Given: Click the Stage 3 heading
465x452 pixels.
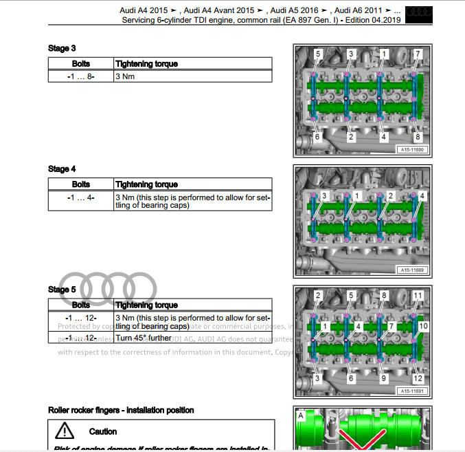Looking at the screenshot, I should pyautogui.click(x=62, y=48).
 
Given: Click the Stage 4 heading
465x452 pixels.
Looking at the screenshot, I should pyautogui.click(x=62, y=169).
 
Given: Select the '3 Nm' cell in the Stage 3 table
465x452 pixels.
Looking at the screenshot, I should pyautogui.click(x=125, y=76).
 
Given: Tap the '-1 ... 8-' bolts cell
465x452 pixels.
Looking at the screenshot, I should pyautogui.click(x=81, y=76).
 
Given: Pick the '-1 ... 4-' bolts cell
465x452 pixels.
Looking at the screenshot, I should pyautogui.click(x=81, y=197).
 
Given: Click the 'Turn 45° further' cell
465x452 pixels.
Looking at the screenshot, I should pyautogui.click(x=144, y=338).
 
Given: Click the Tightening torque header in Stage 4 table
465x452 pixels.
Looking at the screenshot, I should pyautogui.click(x=146, y=184).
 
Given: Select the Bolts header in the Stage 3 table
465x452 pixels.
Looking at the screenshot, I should pyautogui.click(x=81, y=64).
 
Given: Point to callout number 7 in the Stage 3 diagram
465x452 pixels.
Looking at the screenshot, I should pyautogui.click(x=417, y=54).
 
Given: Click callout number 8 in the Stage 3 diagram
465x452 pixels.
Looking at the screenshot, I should pyautogui.click(x=417, y=137).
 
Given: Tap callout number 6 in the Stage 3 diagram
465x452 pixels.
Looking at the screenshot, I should pyautogui.click(x=317, y=137).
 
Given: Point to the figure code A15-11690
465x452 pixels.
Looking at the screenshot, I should pyautogui.click(x=411, y=150).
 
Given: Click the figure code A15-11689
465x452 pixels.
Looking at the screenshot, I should pyautogui.click(x=411, y=270).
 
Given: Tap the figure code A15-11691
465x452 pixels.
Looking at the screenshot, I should pyautogui.click(x=411, y=391).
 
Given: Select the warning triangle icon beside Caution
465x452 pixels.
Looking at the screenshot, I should pyautogui.click(x=65, y=431).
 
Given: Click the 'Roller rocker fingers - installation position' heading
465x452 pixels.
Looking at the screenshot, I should pyautogui.click(x=121, y=410).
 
